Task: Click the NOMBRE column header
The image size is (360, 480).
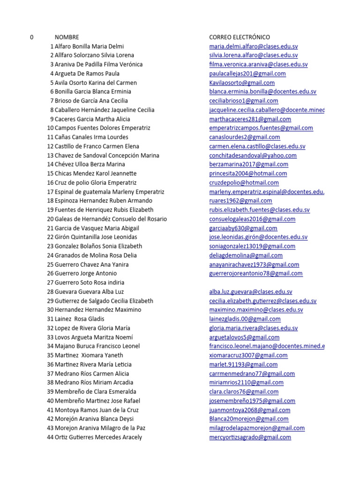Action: click(67, 37)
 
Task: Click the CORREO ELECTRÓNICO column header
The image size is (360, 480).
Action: click(240, 37)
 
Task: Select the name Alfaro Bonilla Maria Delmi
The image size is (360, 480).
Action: click(89, 46)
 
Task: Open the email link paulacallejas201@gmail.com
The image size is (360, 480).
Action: click(247, 74)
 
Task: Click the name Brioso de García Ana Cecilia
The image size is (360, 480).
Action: click(91, 101)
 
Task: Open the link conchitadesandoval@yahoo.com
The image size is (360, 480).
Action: click(253, 155)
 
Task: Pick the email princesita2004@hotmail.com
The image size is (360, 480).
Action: click(248, 173)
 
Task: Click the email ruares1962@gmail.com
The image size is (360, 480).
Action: click(240, 201)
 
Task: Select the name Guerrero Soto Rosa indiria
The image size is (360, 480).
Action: click(90, 283)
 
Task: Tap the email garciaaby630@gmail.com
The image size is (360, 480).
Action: click(243, 228)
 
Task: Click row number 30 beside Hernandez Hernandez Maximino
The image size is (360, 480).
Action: click(50, 310)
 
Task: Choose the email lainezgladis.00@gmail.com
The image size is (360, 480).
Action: click(245, 319)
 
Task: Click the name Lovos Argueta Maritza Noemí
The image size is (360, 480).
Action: click(94, 337)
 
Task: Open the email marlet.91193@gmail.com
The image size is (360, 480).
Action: click(243, 364)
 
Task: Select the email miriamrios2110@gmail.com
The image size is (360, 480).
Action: click(246, 382)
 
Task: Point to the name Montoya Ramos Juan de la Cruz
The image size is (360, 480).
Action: click(97, 410)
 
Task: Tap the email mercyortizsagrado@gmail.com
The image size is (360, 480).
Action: click(250, 437)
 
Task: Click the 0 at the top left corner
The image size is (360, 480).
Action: click(31, 37)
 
